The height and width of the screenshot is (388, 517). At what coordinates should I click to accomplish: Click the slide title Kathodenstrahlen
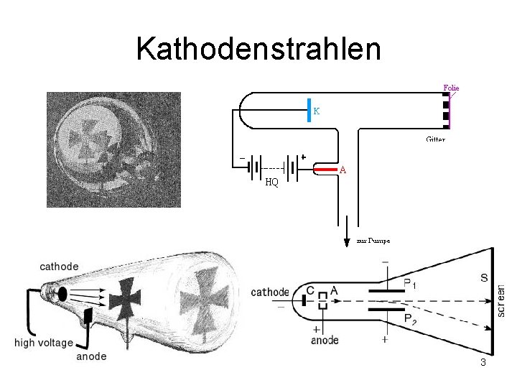(x=258, y=49)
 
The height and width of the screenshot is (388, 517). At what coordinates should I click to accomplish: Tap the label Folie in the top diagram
(x=450, y=88)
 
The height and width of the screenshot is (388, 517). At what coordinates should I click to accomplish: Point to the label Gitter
(x=435, y=139)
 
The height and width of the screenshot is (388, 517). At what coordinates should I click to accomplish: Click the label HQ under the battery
(x=271, y=182)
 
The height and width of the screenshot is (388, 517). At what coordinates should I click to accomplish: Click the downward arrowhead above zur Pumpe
(x=348, y=239)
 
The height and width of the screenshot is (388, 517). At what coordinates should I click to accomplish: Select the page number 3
(x=483, y=362)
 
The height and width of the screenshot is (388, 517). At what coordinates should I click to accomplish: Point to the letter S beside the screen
(x=484, y=277)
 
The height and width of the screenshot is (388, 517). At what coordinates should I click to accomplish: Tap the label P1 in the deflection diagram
(x=410, y=285)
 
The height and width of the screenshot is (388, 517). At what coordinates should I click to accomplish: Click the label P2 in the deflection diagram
(x=410, y=319)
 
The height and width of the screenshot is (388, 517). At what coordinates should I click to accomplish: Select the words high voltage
(x=45, y=343)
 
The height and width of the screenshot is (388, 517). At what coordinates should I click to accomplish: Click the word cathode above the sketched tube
(x=59, y=266)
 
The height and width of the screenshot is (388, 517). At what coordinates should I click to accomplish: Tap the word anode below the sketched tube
(x=91, y=356)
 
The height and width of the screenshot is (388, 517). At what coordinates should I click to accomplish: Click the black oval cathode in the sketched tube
(x=62, y=293)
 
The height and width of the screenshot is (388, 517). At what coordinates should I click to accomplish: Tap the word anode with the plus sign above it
(x=325, y=341)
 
